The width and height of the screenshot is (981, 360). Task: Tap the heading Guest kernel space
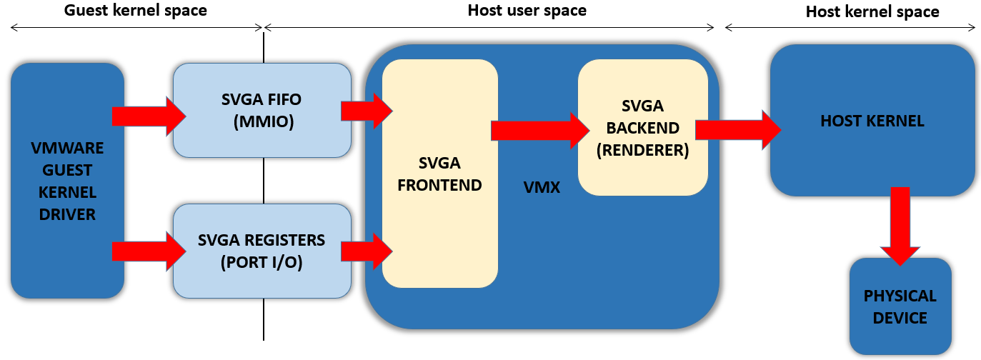point(136,11)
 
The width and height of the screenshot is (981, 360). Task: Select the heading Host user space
point(527,11)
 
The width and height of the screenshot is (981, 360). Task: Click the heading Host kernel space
point(872,11)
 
